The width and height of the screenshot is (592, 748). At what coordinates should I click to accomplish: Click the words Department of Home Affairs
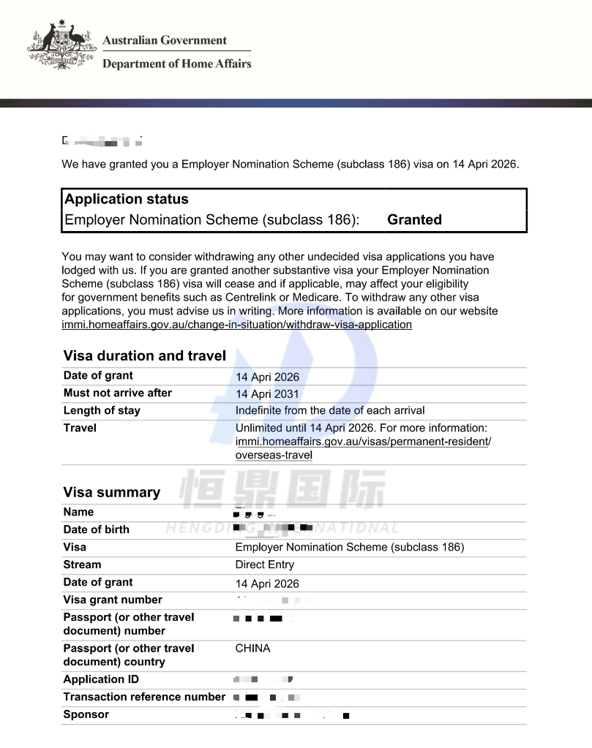176,64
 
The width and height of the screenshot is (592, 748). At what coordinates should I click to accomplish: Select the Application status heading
126,199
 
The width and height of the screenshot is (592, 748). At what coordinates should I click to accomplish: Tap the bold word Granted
414,219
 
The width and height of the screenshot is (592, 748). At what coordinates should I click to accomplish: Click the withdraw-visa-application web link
236,324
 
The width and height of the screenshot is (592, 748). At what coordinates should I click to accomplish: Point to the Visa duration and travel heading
144,356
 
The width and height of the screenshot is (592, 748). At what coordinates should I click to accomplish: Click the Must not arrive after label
117,393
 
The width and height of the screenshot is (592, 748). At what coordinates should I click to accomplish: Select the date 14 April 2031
267,394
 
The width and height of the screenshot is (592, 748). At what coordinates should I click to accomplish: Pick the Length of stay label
101,410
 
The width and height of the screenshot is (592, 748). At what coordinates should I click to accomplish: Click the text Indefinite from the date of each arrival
329,410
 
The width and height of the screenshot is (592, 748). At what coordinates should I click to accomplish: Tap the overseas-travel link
274,455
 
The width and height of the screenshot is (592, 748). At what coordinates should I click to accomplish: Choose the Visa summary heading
111,492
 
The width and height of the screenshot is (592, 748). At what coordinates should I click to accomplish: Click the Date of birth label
96,529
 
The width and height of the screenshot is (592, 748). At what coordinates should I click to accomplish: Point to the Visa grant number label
113,600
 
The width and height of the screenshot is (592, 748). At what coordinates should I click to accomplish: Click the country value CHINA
252,648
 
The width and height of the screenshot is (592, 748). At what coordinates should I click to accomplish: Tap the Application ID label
101,679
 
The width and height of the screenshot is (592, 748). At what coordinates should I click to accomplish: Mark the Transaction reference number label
144,697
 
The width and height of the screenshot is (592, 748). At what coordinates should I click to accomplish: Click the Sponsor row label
86,714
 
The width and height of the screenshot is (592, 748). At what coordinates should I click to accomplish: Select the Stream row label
82,564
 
